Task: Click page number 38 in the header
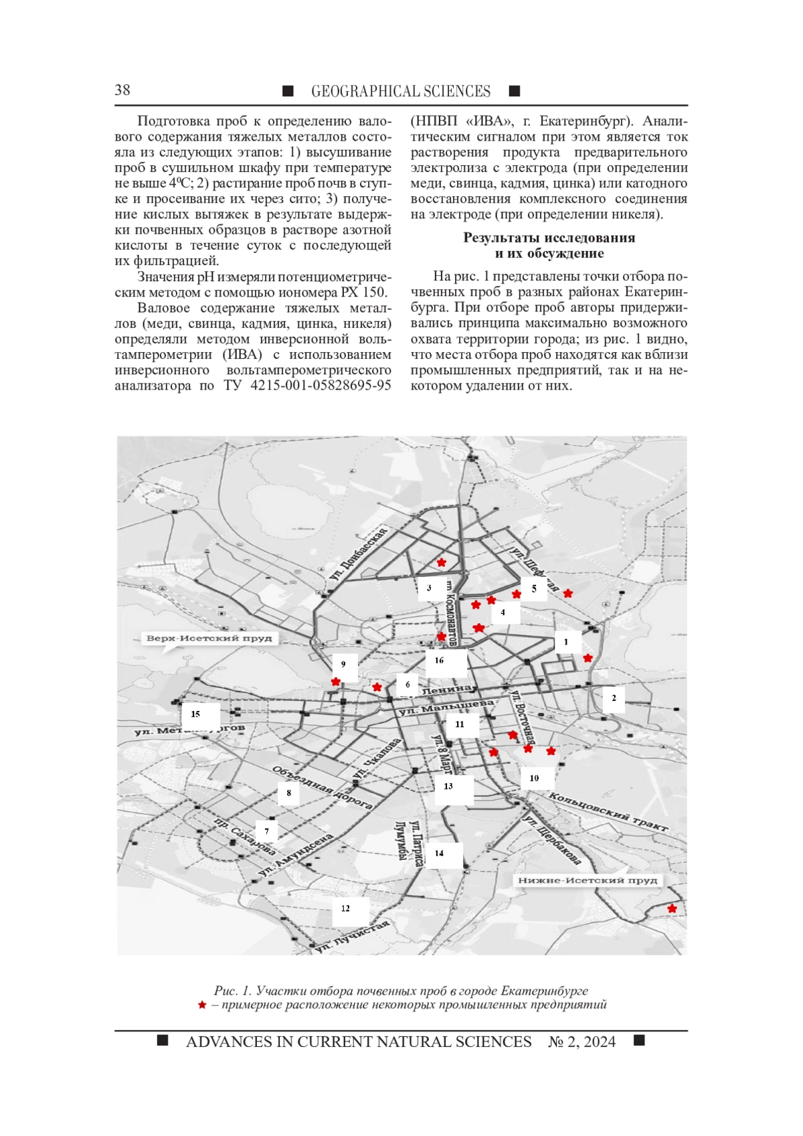click(x=122, y=90)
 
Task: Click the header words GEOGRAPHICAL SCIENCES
click(x=400, y=92)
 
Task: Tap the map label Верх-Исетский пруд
click(x=209, y=638)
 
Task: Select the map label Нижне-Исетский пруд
click(x=587, y=880)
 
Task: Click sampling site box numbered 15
click(x=196, y=714)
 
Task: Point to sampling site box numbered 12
click(x=346, y=908)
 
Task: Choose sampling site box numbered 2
click(x=614, y=698)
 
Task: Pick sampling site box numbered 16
click(x=440, y=661)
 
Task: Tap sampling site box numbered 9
click(x=344, y=664)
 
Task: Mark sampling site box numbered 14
click(x=440, y=854)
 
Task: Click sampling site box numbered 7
click(x=267, y=831)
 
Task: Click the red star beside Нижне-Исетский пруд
click(x=672, y=908)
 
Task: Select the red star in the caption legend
click(x=201, y=1005)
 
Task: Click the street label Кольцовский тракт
click(x=608, y=812)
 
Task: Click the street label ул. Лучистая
click(x=353, y=937)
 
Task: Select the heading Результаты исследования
click(x=549, y=238)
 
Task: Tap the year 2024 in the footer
click(x=600, y=1042)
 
